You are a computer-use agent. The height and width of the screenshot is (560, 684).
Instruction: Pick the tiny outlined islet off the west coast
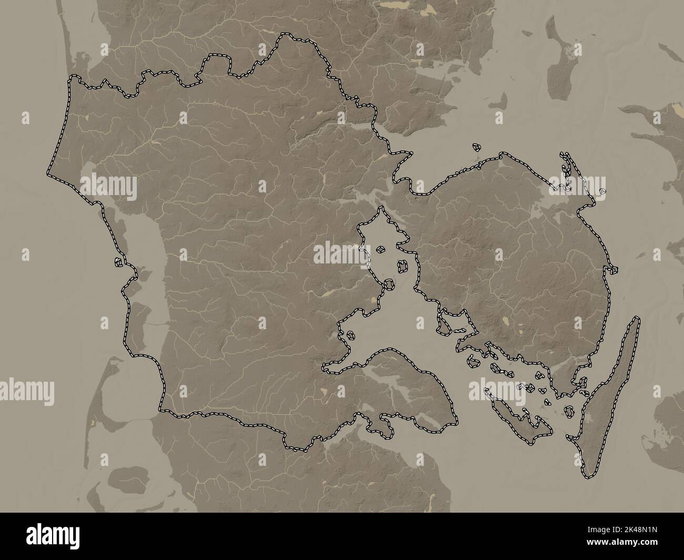point(119,261)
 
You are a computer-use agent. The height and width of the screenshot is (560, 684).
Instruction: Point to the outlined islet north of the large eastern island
point(476,148)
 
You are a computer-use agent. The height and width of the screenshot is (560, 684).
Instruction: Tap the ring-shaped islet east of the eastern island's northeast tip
point(602,190)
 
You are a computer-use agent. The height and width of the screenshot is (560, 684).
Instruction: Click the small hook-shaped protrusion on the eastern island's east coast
point(611,270)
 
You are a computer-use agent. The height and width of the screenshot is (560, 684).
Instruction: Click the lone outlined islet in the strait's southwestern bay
point(347,334)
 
